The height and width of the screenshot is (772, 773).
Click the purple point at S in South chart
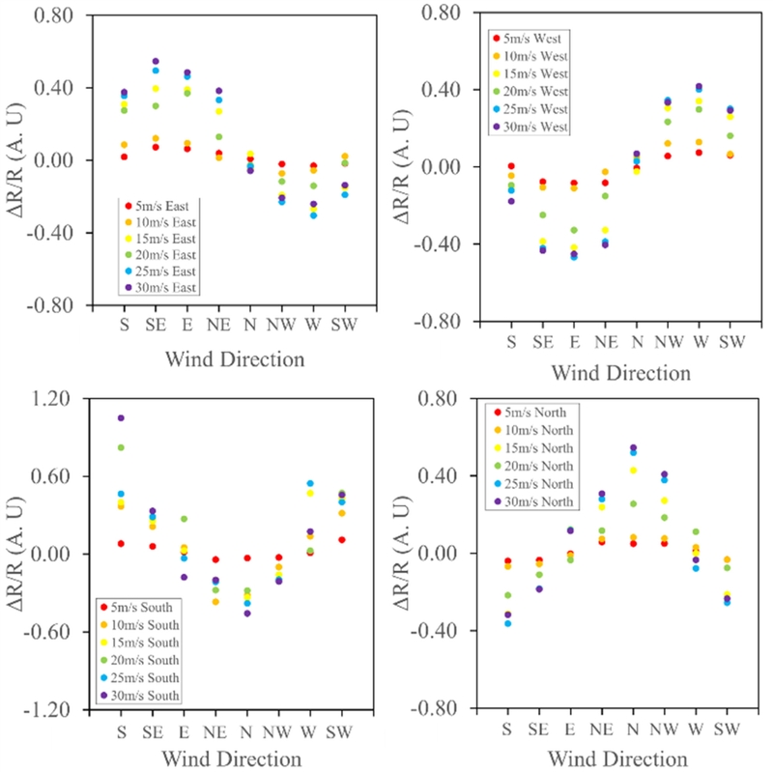(x=121, y=418)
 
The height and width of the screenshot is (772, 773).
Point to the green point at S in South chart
(x=121, y=447)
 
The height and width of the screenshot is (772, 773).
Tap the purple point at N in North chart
(x=633, y=447)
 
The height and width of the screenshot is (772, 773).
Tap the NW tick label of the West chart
(x=665, y=342)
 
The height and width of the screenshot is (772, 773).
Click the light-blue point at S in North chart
(x=507, y=623)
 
